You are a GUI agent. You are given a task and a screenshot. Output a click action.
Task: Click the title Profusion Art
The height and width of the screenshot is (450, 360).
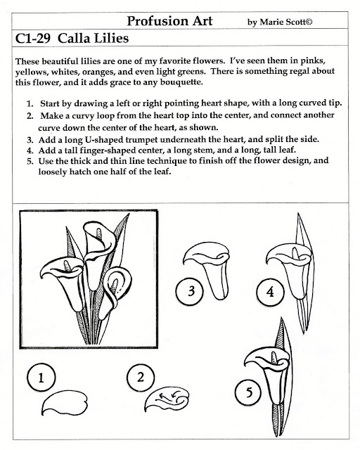coord(169,21)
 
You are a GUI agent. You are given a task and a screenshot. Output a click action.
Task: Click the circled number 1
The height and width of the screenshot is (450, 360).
coord(41,377)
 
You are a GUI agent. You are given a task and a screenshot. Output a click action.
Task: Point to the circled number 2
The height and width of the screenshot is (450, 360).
coord(141,378)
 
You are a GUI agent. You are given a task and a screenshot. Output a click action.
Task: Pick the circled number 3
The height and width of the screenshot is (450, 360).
coord(190,291)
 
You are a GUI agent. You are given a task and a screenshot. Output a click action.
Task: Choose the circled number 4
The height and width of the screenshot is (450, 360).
coord(270,292)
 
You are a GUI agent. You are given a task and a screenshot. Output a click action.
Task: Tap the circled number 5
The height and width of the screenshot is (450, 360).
coord(249,392)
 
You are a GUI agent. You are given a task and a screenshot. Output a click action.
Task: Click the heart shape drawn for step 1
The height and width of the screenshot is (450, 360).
coord(64,403)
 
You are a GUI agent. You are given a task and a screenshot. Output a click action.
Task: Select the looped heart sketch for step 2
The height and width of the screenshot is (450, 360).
coord(167,399)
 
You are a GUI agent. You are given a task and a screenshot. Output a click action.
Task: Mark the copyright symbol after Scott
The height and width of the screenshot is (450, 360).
coord(309,22)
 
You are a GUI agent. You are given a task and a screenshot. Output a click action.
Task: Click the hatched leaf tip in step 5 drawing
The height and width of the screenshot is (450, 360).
coord(281,333)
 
